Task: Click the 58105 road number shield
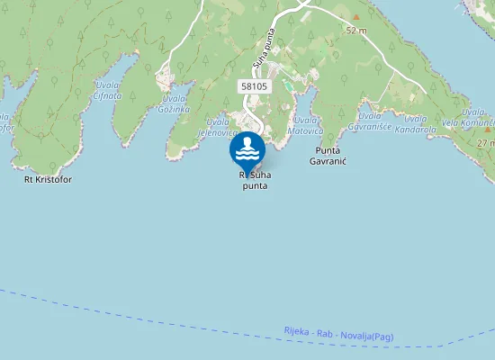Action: tap(254, 85)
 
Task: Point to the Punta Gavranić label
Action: tap(328, 155)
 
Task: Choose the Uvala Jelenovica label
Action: tap(216, 127)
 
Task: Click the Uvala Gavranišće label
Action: tap(377, 121)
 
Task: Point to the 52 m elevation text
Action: tap(356, 31)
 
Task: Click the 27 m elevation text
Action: tap(486, 142)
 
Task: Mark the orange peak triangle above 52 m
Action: tap(356, 17)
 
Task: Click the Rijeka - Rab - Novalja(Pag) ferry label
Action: tap(337, 334)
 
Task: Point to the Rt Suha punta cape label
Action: tap(255, 180)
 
